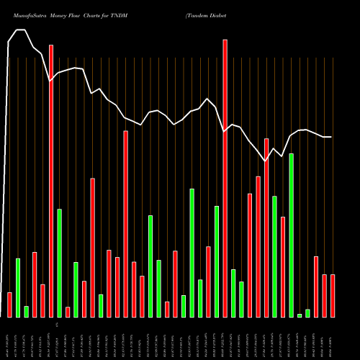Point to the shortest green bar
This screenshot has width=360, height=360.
click(x=300, y=315)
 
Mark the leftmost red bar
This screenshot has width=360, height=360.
click(x=9, y=305)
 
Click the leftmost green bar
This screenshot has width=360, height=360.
click(x=18, y=287)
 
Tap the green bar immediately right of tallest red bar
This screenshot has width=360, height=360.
click(x=233, y=293)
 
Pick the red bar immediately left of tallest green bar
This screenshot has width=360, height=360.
click(x=283, y=266)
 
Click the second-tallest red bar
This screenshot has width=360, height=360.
click(x=51, y=181)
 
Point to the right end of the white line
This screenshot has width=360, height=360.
click(x=331, y=137)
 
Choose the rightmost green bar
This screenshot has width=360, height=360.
click(x=307, y=313)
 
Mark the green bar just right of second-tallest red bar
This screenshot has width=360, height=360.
click(x=60, y=263)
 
